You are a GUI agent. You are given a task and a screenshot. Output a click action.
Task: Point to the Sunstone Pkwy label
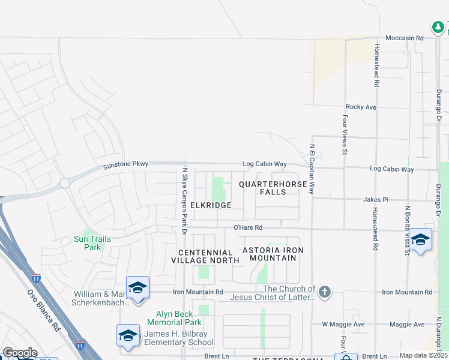click(x=125, y=164)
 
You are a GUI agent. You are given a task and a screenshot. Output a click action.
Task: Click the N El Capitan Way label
click(x=312, y=169)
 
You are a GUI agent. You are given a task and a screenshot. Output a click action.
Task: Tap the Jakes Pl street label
click(x=376, y=199)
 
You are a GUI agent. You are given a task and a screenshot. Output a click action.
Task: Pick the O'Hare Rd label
click(x=248, y=228)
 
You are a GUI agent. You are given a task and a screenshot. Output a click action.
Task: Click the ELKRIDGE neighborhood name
click(x=211, y=205)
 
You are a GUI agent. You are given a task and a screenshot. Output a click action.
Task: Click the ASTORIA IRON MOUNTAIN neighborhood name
click(x=273, y=254)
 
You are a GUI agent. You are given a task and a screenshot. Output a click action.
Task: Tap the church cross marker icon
click(x=324, y=292)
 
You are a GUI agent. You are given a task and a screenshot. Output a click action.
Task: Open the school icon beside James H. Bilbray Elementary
click(x=128, y=335)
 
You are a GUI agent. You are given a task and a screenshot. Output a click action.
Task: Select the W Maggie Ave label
click(x=343, y=325)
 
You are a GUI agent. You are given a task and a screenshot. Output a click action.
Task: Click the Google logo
click(x=19, y=353)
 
